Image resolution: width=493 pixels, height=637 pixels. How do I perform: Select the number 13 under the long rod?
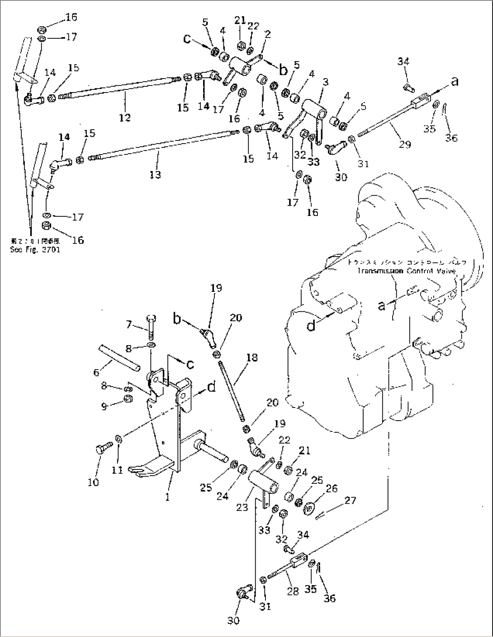(x=155, y=174)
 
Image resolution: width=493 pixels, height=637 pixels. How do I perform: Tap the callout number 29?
(x=405, y=144)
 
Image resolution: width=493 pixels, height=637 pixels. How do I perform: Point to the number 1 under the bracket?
(x=167, y=497)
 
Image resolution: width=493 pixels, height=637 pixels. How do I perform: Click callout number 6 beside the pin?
(x=96, y=373)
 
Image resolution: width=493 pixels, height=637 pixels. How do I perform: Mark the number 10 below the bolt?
(x=93, y=482)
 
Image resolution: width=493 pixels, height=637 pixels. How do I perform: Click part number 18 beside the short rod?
(x=252, y=358)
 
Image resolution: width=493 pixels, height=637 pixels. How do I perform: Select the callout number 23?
(x=242, y=507)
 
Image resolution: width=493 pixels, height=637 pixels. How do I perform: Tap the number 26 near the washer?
(x=331, y=489)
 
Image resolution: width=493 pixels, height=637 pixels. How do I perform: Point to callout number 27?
(x=350, y=500)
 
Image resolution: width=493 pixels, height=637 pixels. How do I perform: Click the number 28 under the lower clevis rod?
(x=293, y=591)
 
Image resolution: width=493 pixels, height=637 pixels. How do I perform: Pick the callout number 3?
(x=326, y=82)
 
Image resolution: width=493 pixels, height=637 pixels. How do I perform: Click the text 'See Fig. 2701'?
(x=35, y=249)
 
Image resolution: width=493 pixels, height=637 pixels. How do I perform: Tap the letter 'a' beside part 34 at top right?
(x=455, y=81)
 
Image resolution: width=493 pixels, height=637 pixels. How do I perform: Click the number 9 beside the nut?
(x=105, y=407)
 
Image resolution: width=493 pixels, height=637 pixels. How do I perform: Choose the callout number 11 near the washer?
(x=117, y=470)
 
